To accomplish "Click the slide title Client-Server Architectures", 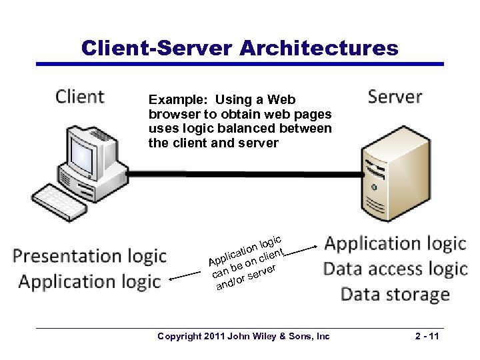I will [239, 48].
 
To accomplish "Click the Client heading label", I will [80, 97].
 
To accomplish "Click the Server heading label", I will [395, 97].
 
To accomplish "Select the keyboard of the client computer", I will [60, 202].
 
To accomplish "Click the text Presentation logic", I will [90, 256].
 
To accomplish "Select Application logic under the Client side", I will [90, 282].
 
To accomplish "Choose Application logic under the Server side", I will [395, 244].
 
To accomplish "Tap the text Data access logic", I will [395, 269].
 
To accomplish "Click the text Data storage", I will [395, 295].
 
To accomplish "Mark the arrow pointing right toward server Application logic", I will [303, 249].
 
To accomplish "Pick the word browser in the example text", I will [171, 115].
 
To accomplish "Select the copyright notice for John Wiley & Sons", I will [243, 337].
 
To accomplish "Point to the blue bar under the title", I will [239, 64].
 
